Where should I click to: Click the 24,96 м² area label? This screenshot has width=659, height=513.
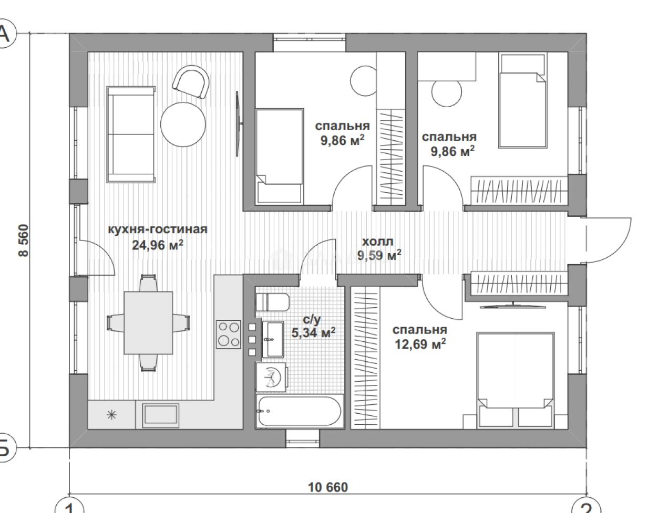(158, 245)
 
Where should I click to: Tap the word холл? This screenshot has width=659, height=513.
(377, 242)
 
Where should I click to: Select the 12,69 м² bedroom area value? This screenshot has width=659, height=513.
(420, 344)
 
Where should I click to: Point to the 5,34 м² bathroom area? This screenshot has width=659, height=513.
(313, 333)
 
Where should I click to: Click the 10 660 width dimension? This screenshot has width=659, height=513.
(328, 488)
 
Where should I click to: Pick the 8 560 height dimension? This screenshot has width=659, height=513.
(23, 240)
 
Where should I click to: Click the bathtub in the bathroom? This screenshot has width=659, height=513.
(300, 411)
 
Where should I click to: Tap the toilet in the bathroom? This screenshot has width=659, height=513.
(272, 302)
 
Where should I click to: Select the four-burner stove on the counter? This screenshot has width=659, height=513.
(229, 334)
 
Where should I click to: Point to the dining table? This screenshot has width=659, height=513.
(148, 323)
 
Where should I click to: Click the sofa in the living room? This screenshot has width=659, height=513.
(131, 135)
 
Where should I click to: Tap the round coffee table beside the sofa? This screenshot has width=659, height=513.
(183, 124)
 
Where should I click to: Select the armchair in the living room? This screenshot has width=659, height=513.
(191, 81)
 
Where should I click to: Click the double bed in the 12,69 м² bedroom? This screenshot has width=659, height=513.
(516, 380)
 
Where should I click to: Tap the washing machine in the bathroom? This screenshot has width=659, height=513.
(271, 377)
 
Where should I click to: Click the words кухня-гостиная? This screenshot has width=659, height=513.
(158, 229)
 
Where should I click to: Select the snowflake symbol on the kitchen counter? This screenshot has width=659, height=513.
(112, 415)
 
